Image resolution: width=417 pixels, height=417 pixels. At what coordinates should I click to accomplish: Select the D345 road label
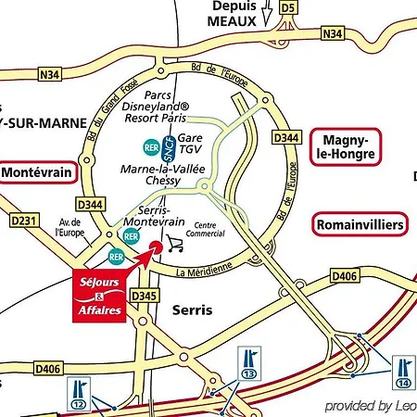[x=144, y=296]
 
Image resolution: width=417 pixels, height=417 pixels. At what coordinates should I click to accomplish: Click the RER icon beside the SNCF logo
[x=150, y=145]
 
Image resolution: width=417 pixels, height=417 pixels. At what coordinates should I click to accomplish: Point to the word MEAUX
[x=229, y=19]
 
